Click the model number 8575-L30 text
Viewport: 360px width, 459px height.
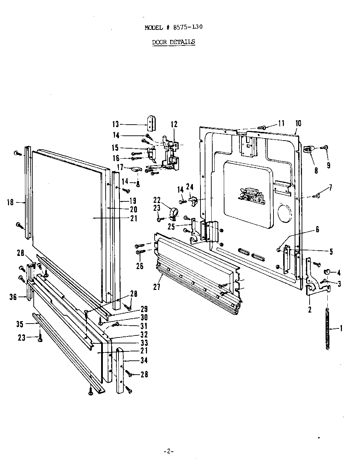pyautogui.click(x=184, y=27)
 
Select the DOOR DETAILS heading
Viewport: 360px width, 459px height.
pyautogui.click(x=173, y=42)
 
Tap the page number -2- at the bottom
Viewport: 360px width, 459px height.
pyautogui.click(x=168, y=451)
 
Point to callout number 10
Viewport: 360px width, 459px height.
pyautogui.click(x=298, y=123)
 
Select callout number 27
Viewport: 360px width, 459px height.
pyautogui.click(x=157, y=287)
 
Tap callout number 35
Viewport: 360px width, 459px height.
pyautogui.click(x=20, y=324)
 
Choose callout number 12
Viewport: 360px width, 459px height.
pyautogui.click(x=174, y=124)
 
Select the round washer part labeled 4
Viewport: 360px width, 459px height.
pyautogui.click(x=327, y=272)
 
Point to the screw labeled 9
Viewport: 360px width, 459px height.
pyautogui.click(x=326, y=148)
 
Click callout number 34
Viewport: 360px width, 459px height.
pyautogui.click(x=144, y=360)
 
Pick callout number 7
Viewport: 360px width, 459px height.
pyautogui.click(x=330, y=188)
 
